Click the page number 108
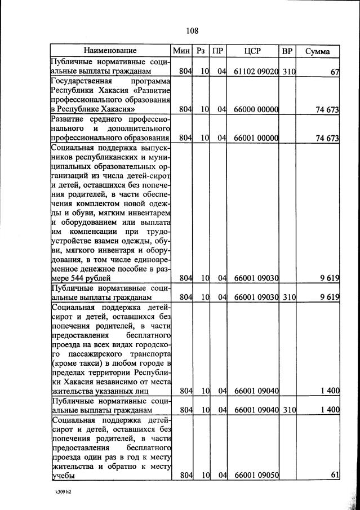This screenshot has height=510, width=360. tap(191, 30)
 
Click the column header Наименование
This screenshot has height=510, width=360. tap(110, 51)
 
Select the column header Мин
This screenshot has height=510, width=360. tap(182, 51)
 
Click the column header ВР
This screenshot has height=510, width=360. tap(287, 51)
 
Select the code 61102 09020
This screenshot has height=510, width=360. tap(256, 72)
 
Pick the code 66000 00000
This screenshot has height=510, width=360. tap(256, 110)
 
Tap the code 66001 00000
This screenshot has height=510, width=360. tap(256, 138)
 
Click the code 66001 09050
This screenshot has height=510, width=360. tap(256, 476)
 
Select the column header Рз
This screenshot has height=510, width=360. tap(201, 51)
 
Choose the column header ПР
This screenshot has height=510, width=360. tap(218, 51)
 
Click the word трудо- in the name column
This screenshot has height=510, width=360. tap(154, 231)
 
